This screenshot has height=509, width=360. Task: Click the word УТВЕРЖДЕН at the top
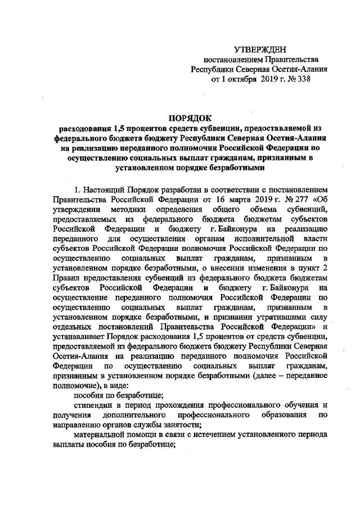[x=262, y=49]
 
